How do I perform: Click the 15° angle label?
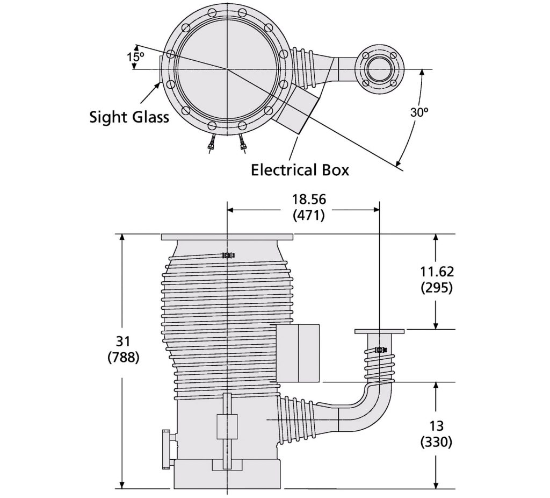pos(136,57)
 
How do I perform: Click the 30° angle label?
pos(419,112)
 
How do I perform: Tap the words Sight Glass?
pos(129,117)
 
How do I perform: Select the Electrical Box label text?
pos(300,170)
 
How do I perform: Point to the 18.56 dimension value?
pos(309,199)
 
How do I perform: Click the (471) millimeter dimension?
pos(309,215)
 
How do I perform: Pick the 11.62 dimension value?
pos(437,272)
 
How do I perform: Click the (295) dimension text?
pos(437,288)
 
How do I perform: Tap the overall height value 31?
pos(123,341)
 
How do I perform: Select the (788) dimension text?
pos(123,357)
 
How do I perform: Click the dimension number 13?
pos(437,426)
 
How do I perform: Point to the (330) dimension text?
pos(437,442)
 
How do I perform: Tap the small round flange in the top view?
pos(379,69)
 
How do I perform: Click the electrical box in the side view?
pos(298,353)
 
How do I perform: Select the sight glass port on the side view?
pos(168,449)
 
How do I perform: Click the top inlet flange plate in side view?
pos(227,237)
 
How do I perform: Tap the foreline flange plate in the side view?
pos(380,331)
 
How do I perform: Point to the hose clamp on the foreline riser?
pos(381,350)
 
